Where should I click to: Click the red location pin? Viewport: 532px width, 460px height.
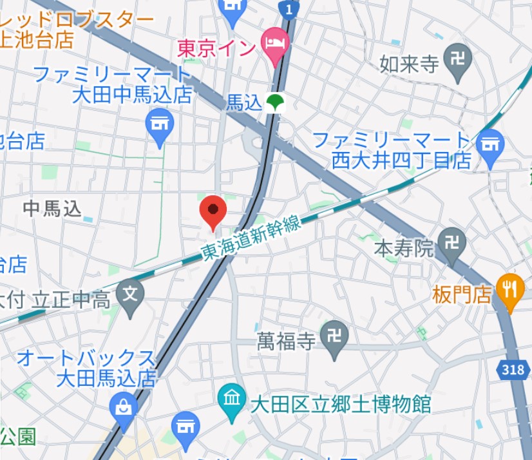tap(213, 210)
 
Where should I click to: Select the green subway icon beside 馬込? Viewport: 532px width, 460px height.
tap(276, 102)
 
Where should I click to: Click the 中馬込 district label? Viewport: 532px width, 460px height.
tap(53, 208)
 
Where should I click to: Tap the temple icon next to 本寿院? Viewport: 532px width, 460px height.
tap(452, 243)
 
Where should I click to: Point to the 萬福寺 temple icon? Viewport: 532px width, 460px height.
tap(334, 336)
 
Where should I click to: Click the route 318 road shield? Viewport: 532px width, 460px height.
tap(511, 369)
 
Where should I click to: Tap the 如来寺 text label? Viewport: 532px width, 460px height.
tap(409, 64)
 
